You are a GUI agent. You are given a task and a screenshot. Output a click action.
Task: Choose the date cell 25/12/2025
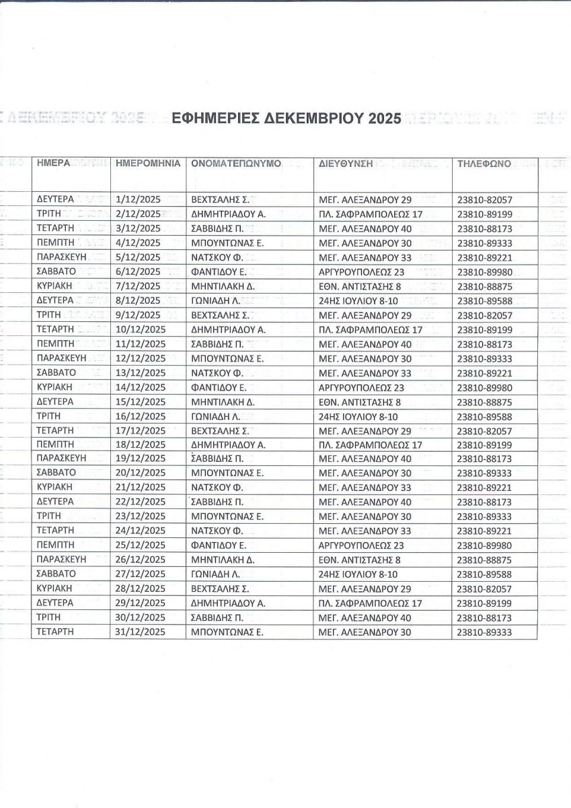click(x=141, y=545)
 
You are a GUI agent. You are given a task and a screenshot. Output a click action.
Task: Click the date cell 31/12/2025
click(x=141, y=632)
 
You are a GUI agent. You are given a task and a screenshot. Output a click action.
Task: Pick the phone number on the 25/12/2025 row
click(x=484, y=545)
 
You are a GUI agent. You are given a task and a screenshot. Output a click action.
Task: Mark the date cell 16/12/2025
click(x=141, y=416)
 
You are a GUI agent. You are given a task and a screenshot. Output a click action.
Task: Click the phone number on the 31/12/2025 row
click(x=484, y=632)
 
